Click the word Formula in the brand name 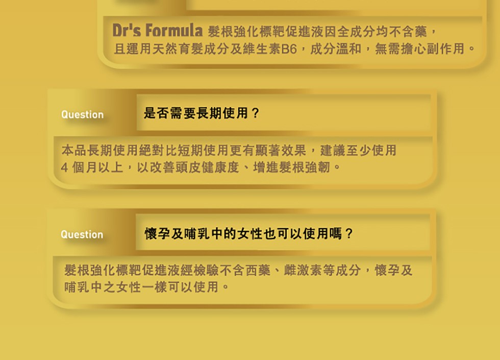pyautogui.click(x=174, y=30)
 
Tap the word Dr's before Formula pyautogui.click(x=127, y=30)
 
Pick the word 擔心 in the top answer pyautogui.click(x=414, y=49)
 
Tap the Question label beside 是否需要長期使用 pyautogui.click(x=82, y=114)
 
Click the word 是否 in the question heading pyautogui.click(x=156, y=113)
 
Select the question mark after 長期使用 pyautogui.click(x=255, y=113)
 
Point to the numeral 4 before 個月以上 pyautogui.click(x=64, y=167)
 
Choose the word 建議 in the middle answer pyautogui.click(x=333, y=150)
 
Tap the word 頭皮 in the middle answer pyautogui.click(x=188, y=167)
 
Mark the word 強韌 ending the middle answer pyautogui.click(x=317, y=167)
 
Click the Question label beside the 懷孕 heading pyautogui.click(x=82, y=234)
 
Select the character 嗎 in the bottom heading pyautogui.click(x=336, y=233)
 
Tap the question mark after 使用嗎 pyautogui.click(x=349, y=233)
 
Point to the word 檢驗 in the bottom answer pyautogui.click(x=206, y=270)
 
